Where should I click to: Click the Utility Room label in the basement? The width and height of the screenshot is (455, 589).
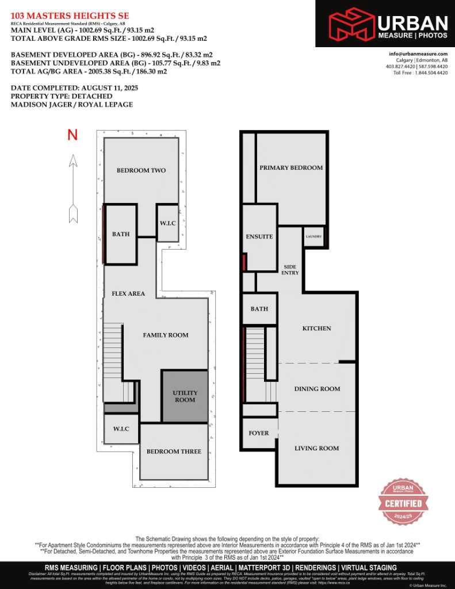point(185,396)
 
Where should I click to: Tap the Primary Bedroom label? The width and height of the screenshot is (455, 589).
point(291,168)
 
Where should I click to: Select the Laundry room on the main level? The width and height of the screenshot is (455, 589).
point(314,236)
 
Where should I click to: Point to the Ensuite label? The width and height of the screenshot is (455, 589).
point(259,237)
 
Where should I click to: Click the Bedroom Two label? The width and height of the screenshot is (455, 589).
point(141,170)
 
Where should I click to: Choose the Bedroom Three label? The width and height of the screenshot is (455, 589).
point(174,452)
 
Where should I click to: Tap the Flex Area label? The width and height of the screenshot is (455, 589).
point(128,294)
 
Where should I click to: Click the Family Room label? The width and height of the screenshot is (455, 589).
point(166,335)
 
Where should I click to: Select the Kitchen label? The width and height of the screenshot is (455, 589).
point(317,328)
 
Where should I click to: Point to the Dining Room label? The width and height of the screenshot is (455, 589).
point(317,389)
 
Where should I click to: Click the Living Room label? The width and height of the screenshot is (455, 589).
point(316,449)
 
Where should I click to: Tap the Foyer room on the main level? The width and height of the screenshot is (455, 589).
point(259,433)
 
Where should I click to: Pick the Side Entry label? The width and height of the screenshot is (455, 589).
point(290,270)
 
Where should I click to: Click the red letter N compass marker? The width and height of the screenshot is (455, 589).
point(72,135)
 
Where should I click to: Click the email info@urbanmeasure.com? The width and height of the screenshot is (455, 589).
point(418,54)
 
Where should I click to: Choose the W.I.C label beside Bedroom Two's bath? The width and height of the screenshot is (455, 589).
point(167,223)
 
